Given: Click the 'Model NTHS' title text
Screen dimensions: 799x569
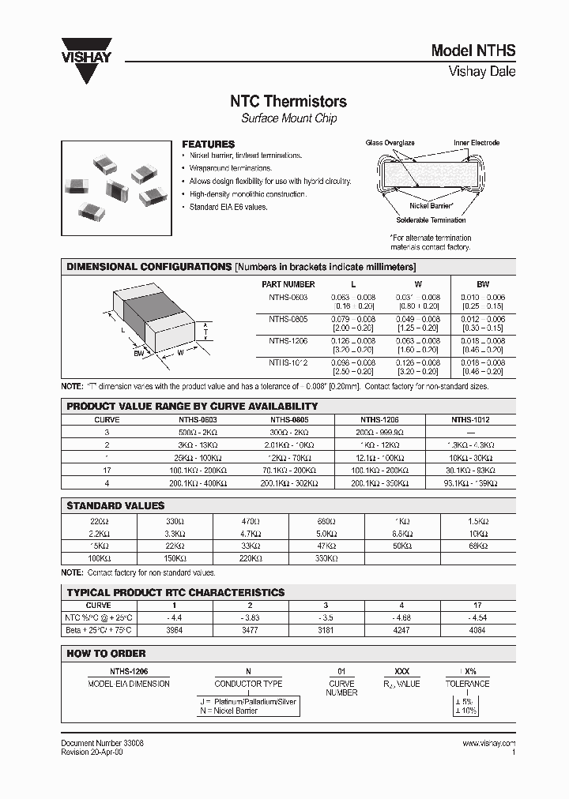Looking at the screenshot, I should pyautogui.click(x=473, y=51).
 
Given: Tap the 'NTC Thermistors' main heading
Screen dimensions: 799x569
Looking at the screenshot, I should pyautogui.click(x=288, y=101).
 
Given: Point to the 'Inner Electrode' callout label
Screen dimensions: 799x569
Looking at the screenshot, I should pyautogui.click(x=477, y=143).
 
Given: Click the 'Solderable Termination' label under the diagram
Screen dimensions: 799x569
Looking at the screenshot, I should pyautogui.click(x=431, y=220).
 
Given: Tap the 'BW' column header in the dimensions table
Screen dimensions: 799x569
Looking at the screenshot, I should pyautogui.click(x=483, y=284).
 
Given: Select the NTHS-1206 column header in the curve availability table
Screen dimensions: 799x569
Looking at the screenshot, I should pyautogui.click(x=381, y=421).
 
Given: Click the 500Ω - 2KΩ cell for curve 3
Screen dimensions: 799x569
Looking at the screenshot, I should pyautogui.click(x=198, y=433).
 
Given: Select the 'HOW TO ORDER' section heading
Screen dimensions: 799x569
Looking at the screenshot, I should pyautogui.click(x=106, y=654).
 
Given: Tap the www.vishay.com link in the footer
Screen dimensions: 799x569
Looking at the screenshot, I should pyautogui.click(x=488, y=744).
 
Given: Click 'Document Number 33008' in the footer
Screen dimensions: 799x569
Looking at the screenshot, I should pyautogui.click(x=102, y=744).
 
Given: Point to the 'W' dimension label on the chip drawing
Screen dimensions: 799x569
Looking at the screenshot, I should pyautogui.click(x=180, y=353).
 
